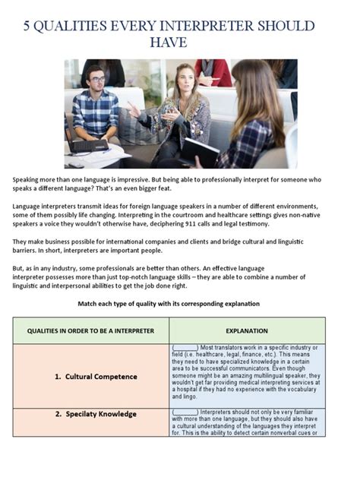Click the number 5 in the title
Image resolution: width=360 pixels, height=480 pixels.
[27, 26]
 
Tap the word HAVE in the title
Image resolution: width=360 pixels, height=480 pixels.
[180, 43]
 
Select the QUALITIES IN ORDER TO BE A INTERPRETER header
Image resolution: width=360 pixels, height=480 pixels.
[91, 331]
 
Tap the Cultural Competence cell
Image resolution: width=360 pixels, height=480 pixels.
[96, 376]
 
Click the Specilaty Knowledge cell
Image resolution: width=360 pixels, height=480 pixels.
[96, 415]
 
